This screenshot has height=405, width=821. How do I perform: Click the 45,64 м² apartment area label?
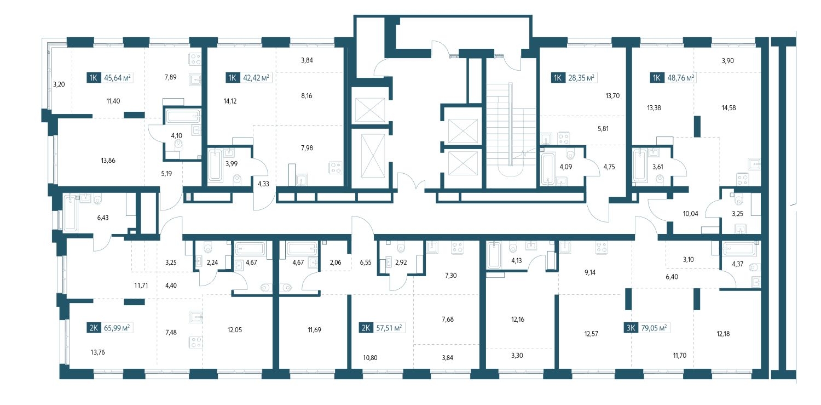pyautogui.click(x=117, y=78)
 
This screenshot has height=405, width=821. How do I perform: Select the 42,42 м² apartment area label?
pyautogui.click(x=256, y=78)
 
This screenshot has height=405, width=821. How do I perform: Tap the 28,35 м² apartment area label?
pyautogui.click(x=581, y=78)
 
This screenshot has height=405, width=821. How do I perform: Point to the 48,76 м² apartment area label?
pyautogui.click(x=681, y=78)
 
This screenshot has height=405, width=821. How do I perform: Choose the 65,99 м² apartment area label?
pyautogui.click(x=117, y=328)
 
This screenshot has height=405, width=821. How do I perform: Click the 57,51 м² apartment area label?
pyautogui.click(x=389, y=328)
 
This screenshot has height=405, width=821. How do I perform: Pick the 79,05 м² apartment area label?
pyautogui.click(x=654, y=328)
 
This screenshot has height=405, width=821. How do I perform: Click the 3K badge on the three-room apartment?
pyautogui.click(x=631, y=328)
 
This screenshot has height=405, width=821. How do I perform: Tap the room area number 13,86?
pyautogui.click(x=108, y=161)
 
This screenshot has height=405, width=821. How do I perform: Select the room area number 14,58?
pyautogui.click(x=729, y=108)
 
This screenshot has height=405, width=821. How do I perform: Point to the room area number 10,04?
pyautogui.click(x=691, y=214)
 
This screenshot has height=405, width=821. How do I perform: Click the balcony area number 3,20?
pyautogui.click(x=59, y=84)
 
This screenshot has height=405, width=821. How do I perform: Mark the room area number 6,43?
pyautogui.click(x=103, y=218)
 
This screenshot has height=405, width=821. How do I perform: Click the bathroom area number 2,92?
pyautogui.click(x=401, y=263)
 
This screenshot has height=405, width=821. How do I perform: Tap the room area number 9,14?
pyautogui.click(x=590, y=272)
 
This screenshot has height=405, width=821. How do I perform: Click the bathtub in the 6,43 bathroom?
pyautogui.click(x=71, y=213)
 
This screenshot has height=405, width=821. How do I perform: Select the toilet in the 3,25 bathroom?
pyautogui.click(x=738, y=200)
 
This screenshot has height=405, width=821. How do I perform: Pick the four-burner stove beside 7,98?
pyautogui.click(x=336, y=168)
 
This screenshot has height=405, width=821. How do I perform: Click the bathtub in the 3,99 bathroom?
pyautogui.click(x=215, y=166)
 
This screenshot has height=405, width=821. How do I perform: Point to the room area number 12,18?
pyautogui.click(x=723, y=334)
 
